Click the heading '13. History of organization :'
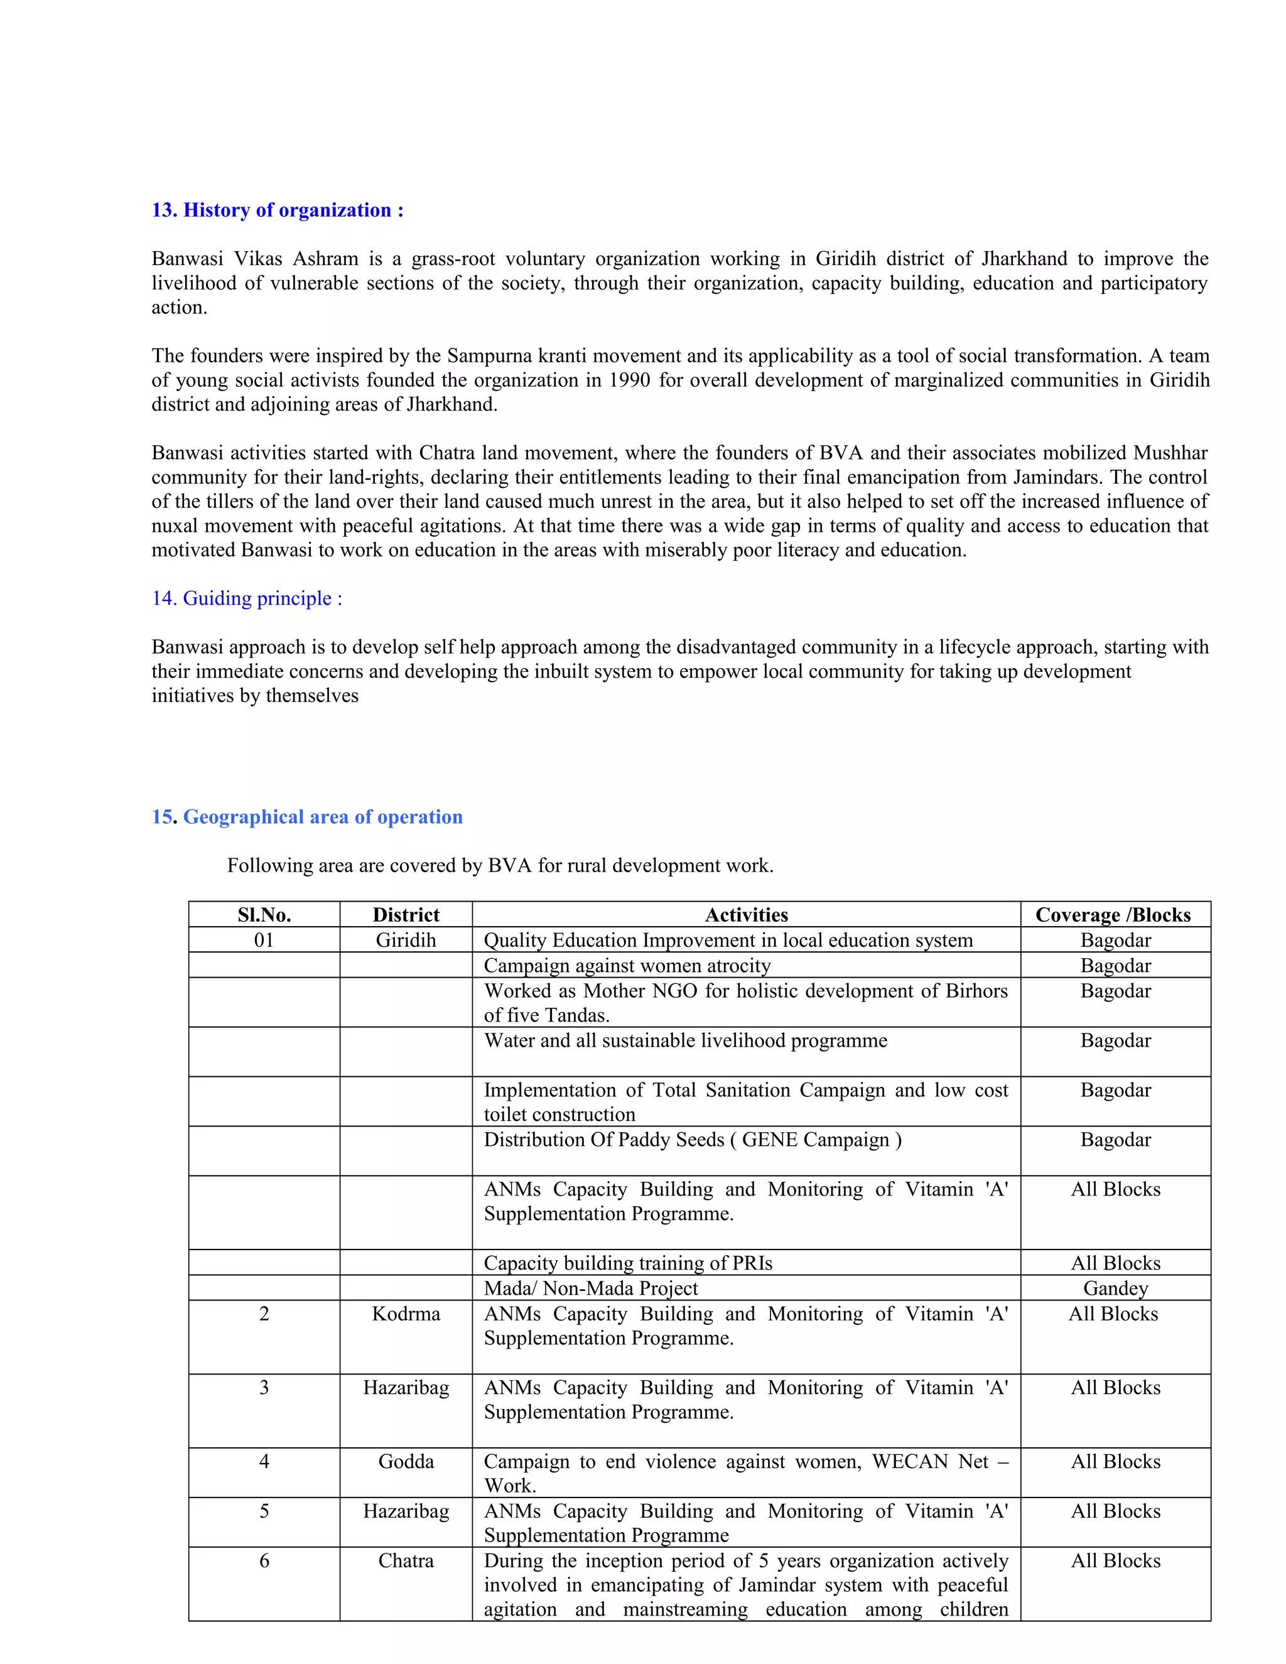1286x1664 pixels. (x=278, y=210)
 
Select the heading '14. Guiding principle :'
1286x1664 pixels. (x=247, y=599)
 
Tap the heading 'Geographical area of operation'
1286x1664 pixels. (x=322, y=817)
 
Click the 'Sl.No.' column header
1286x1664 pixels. (x=264, y=915)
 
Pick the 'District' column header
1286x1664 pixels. (x=406, y=915)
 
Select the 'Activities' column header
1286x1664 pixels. (x=746, y=915)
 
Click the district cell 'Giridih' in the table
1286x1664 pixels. (x=406, y=940)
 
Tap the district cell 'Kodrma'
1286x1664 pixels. (x=406, y=1314)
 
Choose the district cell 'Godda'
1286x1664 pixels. (x=406, y=1461)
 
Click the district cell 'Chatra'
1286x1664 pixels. (x=406, y=1560)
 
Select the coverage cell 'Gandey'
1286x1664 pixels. (x=1115, y=1289)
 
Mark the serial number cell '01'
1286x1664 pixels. (x=264, y=940)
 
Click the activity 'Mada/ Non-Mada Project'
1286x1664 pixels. (x=590, y=1289)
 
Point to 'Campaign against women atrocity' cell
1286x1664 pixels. (x=627, y=966)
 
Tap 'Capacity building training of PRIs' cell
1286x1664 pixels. (x=628, y=1263)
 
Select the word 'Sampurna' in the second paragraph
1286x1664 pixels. (x=478, y=356)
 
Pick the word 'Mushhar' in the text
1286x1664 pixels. (x=1169, y=453)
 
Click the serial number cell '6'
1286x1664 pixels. (x=264, y=1560)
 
